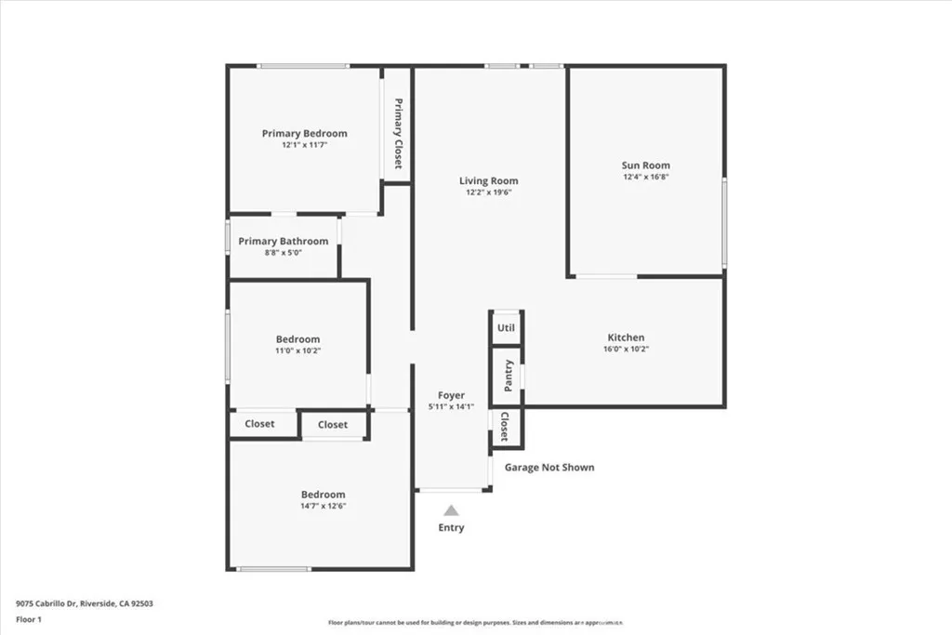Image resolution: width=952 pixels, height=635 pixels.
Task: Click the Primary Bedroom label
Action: click(304, 134)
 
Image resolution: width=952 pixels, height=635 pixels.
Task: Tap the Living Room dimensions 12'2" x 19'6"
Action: click(489, 192)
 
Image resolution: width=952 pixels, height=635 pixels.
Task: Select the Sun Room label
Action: click(645, 165)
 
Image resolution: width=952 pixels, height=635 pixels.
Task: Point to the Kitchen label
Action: click(626, 337)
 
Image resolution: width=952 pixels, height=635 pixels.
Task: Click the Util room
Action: click(506, 328)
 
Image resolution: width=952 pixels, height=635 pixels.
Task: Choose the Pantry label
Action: click(508, 376)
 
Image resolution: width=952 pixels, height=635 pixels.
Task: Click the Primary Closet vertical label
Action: click(398, 133)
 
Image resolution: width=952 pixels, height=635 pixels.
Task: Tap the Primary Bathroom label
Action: click(283, 242)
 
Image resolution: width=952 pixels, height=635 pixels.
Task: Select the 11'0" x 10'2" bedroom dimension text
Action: click(297, 351)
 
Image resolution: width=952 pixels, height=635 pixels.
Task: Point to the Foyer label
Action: click(451, 395)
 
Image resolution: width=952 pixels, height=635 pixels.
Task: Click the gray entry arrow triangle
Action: click(451, 509)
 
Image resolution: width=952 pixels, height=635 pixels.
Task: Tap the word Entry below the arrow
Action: click(451, 528)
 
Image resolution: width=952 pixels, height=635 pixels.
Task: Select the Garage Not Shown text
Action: click(549, 468)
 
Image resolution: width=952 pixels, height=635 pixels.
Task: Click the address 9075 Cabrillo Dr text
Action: click(84, 603)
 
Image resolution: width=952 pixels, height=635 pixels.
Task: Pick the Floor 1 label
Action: click(28, 618)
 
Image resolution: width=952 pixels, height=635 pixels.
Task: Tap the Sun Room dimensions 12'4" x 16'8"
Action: click(645, 177)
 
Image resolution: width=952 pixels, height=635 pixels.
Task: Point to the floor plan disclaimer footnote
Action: click(474, 623)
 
